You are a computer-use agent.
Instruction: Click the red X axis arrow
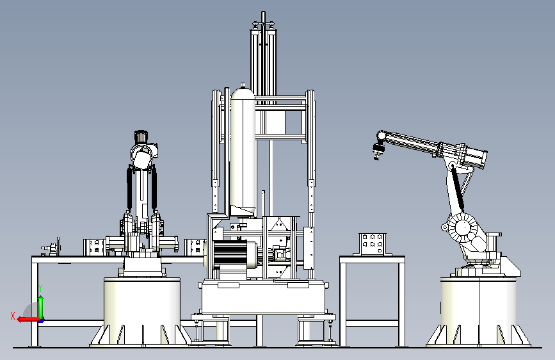[28, 319]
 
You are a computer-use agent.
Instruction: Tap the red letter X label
[13, 316]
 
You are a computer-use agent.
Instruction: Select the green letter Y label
[40, 288]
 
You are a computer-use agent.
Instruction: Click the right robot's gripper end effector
[376, 151]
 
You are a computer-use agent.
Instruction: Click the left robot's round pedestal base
[142, 311]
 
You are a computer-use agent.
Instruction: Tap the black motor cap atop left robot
[141, 136]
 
